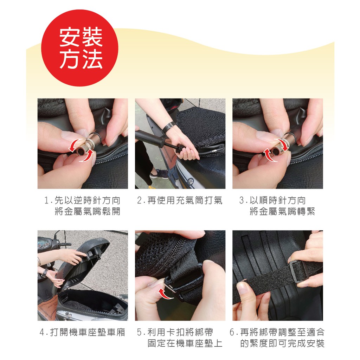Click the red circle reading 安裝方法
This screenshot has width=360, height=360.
click(80, 48)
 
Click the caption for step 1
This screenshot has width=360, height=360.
click(82, 206)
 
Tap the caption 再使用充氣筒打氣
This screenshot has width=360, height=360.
click(180, 200)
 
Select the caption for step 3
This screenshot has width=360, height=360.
click(277, 206)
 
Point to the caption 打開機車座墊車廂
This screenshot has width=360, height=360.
click(82, 332)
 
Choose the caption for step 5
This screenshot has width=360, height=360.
click(180, 338)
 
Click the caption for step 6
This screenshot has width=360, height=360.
click(277, 338)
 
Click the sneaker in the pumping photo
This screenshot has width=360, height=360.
click(159, 174)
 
